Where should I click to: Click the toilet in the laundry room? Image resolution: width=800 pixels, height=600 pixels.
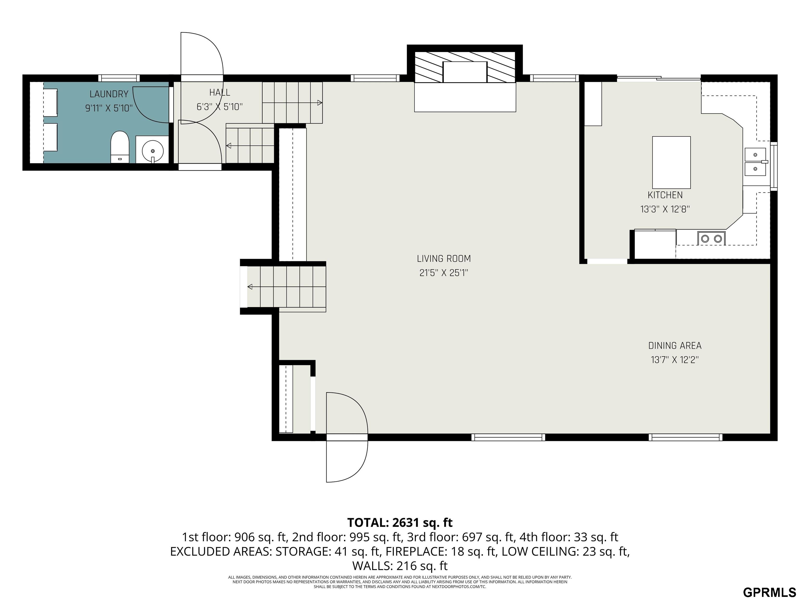pyautogui.click(x=120, y=147)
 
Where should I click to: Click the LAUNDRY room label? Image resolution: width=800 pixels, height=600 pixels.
pyautogui.click(x=109, y=94)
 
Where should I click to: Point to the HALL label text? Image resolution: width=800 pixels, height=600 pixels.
pyautogui.click(x=220, y=93)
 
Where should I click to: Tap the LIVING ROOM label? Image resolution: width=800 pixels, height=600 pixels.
pyautogui.click(x=444, y=259)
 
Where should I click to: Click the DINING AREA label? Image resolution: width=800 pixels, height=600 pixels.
pyautogui.click(x=675, y=346)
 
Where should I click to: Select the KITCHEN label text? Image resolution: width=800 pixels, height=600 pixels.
pyautogui.click(x=665, y=195)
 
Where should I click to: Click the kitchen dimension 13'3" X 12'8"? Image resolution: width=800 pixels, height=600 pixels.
pyautogui.click(x=665, y=209)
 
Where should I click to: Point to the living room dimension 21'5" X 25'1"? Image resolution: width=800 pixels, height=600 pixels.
pyautogui.click(x=444, y=273)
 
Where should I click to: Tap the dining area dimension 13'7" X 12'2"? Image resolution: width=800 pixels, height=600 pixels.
pyautogui.click(x=675, y=360)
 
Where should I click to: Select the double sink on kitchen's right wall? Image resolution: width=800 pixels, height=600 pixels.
pyautogui.click(x=755, y=162)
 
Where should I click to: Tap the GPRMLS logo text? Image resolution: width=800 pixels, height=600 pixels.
pyautogui.click(x=769, y=592)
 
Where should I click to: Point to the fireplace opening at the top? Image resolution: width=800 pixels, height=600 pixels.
pyautogui.click(x=465, y=72)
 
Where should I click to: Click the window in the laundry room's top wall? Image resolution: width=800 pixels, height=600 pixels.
pyautogui.click(x=119, y=78)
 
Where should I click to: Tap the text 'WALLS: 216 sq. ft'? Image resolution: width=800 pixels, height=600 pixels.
pyautogui.click(x=400, y=565)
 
